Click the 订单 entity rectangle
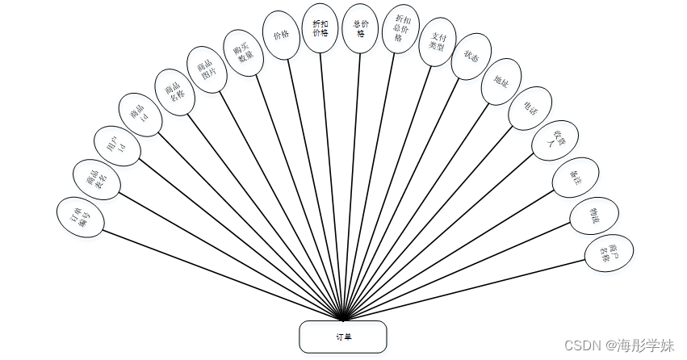pos(343,337)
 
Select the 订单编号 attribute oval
pos(82,216)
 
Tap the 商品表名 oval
pos(97,178)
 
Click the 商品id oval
pos(140,115)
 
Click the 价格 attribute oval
pos(281,36)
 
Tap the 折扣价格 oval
pos(320,28)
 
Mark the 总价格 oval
pos(359,28)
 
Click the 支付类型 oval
pos(438,41)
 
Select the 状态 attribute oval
pos(471,56)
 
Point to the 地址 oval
pos(500,82)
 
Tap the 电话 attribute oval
pos(530,108)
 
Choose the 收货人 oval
pos(555,140)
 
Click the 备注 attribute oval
pos(575,178)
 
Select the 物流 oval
pos(594,215)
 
